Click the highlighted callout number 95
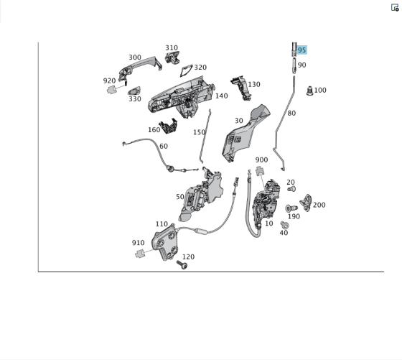point(301,50)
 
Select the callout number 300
point(134,57)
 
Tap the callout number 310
point(171,48)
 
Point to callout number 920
point(109,80)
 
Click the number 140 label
point(221,96)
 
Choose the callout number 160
point(154,130)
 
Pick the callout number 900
point(261,160)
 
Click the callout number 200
point(319,205)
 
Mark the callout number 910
point(138,243)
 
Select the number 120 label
point(188,257)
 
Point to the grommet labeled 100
point(309,91)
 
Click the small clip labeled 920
point(113,90)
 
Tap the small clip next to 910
point(142,254)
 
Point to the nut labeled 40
point(284,225)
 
